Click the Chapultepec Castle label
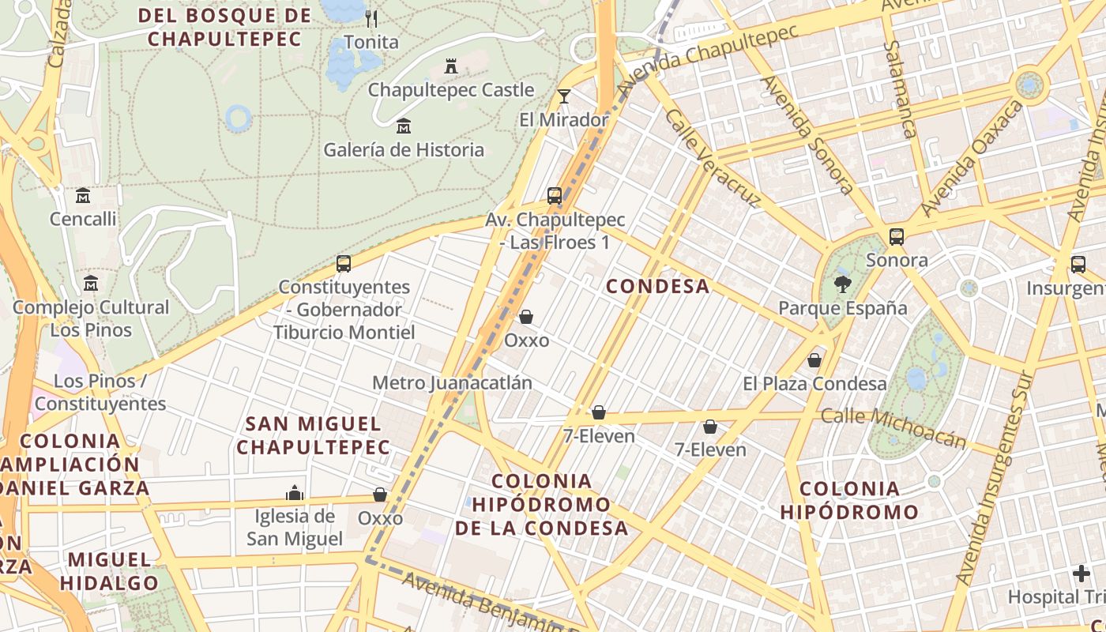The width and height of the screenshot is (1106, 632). (x=451, y=90)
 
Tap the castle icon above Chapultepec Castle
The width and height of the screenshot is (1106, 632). (x=451, y=66)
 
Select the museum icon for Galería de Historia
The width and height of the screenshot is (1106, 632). (x=404, y=126)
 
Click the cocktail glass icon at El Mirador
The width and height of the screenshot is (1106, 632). (x=563, y=96)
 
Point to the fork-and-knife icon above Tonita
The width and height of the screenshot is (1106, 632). (x=371, y=18)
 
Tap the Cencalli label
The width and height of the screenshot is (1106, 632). (x=83, y=219)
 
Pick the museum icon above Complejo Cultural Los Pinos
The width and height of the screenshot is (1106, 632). (x=91, y=283)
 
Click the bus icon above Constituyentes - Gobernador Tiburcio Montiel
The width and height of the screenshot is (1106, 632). (x=344, y=264)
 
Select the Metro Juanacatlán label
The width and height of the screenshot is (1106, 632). (x=452, y=383)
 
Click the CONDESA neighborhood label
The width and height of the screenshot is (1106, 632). (x=657, y=286)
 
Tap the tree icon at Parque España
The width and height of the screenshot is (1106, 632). (x=843, y=284)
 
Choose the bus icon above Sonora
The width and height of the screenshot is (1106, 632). (x=897, y=236)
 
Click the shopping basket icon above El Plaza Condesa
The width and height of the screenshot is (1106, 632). (x=814, y=360)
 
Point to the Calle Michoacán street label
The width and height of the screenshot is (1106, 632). (x=893, y=427)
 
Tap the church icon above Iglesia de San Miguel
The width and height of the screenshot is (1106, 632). (x=295, y=493)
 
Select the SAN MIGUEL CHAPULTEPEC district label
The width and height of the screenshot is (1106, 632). (x=314, y=435)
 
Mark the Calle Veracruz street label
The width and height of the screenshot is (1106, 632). (x=712, y=158)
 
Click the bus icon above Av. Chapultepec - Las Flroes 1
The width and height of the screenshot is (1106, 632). (x=555, y=195)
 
